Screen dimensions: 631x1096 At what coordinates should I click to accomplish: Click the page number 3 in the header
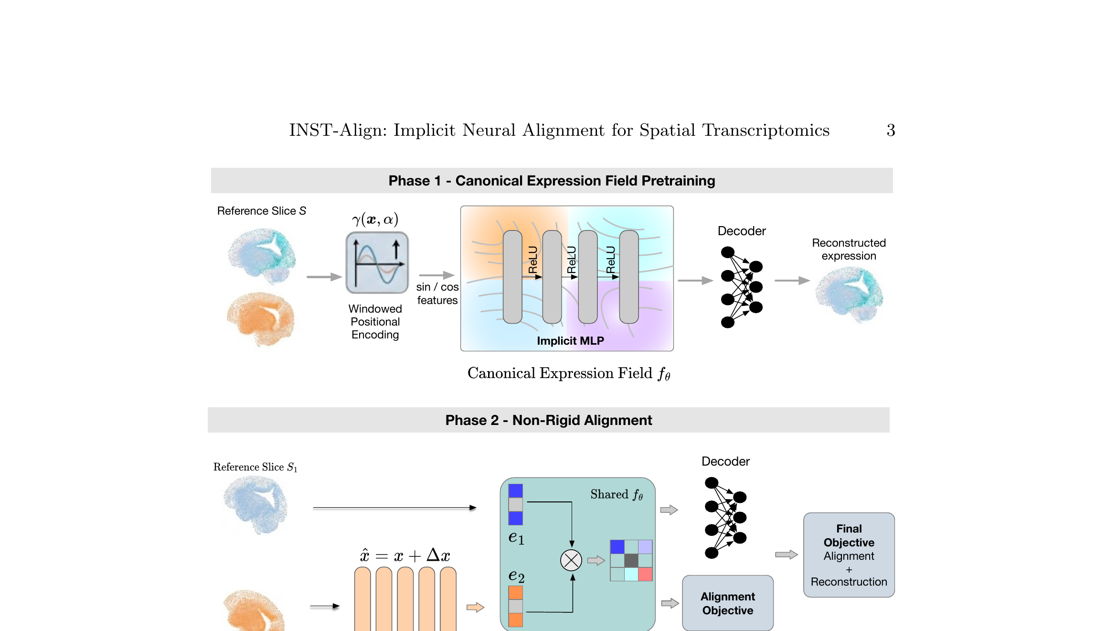coord(891,130)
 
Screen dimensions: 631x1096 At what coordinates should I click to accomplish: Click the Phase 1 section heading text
coord(552,181)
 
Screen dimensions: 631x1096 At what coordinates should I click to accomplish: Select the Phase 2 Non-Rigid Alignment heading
coord(548,420)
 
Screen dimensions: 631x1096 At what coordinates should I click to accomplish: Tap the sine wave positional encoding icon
coord(377,262)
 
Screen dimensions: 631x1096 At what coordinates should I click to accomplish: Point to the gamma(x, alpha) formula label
coord(375,219)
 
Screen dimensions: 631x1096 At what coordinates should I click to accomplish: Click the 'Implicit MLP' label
coord(570,341)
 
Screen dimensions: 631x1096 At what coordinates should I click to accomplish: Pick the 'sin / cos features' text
coord(437,294)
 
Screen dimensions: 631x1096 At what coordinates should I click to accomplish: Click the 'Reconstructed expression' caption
coord(849,250)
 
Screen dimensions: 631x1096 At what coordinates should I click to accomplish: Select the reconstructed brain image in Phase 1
coord(849,294)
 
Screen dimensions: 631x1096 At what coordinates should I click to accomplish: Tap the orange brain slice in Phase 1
coord(260,318)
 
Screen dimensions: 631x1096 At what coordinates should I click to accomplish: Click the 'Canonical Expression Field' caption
coord(568,373)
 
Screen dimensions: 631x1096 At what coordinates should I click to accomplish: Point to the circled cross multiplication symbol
coord(571,560)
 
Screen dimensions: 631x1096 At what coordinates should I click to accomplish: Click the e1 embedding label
coord(516,537)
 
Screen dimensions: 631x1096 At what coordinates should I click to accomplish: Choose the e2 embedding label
coord(516,576)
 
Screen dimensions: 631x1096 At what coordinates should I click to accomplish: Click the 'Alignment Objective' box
coord(727,603)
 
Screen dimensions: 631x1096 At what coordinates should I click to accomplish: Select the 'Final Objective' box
coord(849,555)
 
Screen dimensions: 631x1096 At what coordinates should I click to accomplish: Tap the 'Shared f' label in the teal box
coord(616,494)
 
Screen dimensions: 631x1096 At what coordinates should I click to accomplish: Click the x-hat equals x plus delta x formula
coord(405,555)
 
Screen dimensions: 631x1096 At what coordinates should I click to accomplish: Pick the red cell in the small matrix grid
coord(645,574)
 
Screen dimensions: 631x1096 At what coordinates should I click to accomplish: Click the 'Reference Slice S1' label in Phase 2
coord(255,467)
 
